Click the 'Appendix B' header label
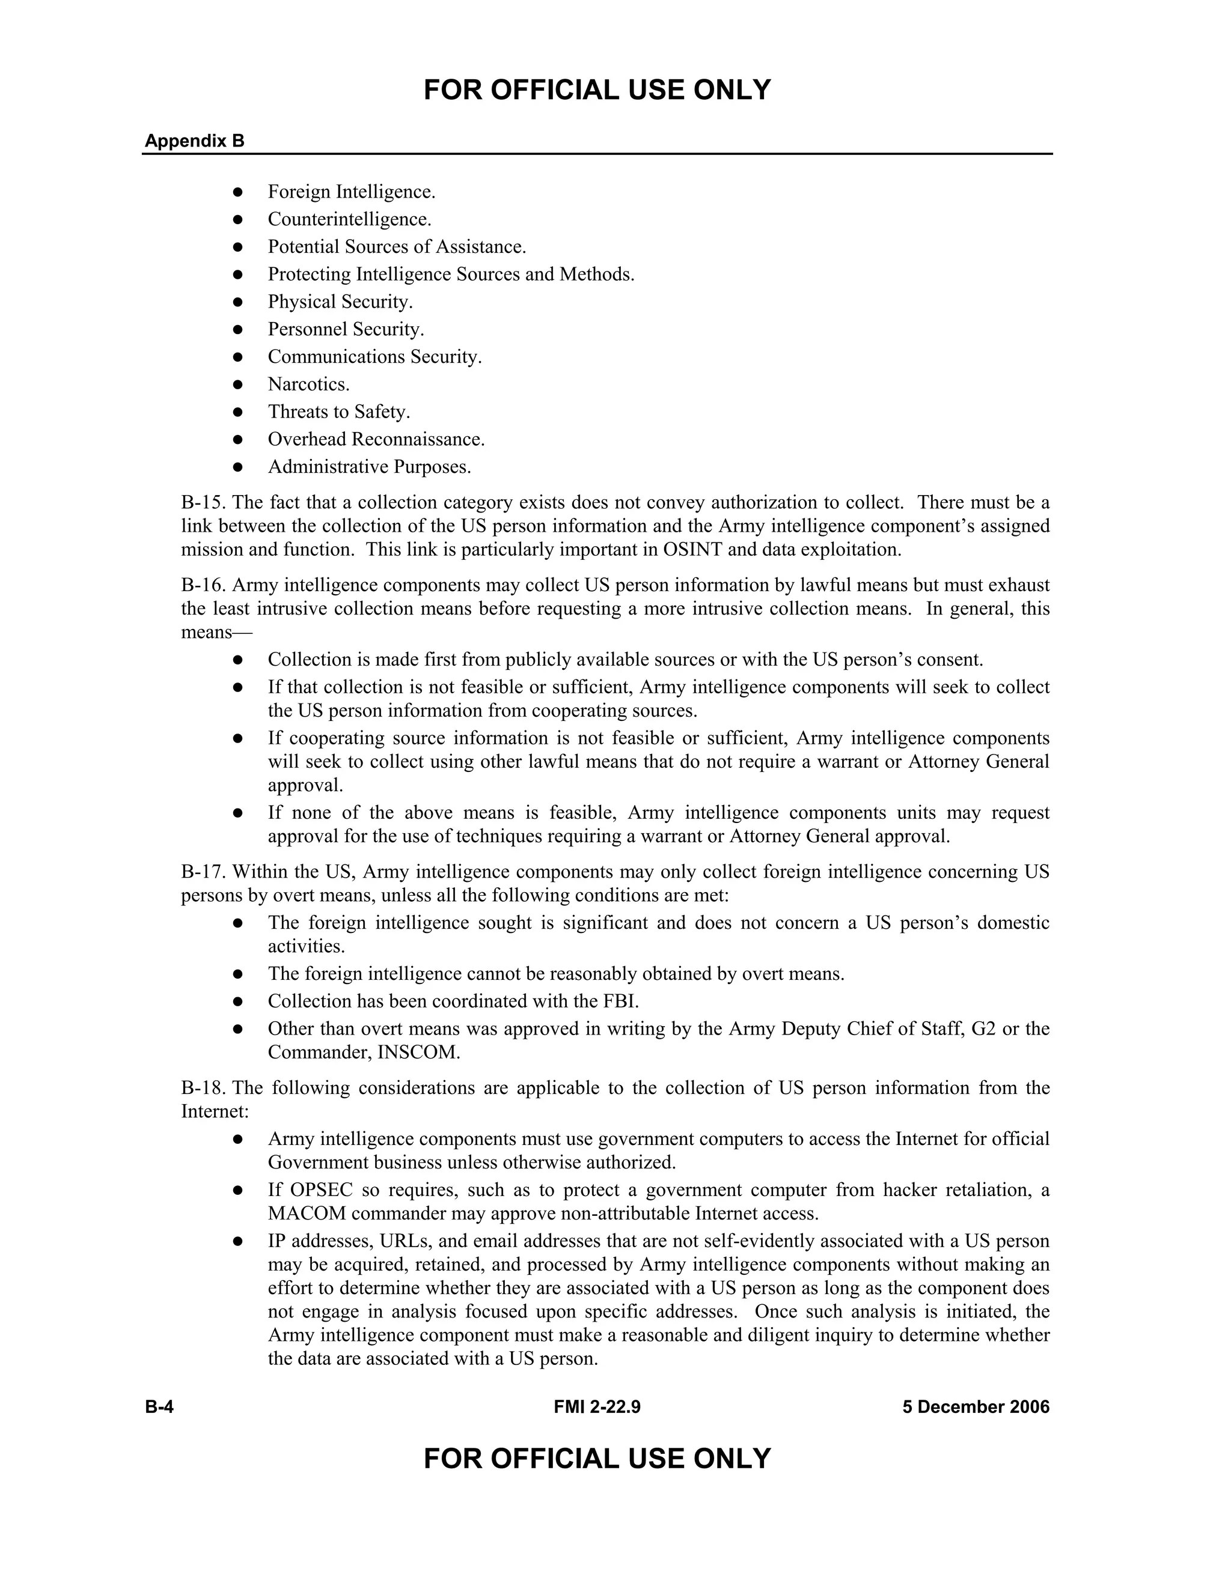[x=194, y=141]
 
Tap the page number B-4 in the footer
[x=159, y=1407]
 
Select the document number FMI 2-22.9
[x=596, y=1407]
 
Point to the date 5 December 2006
[x=976, y=1407]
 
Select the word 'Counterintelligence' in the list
[x=349, y=219]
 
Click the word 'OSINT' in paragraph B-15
[x=692, y=550]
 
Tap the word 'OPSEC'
[x=322, y=1190]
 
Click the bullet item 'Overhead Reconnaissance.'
[x=376, y=440]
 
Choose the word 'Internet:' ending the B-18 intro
[x=215, y=1111]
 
